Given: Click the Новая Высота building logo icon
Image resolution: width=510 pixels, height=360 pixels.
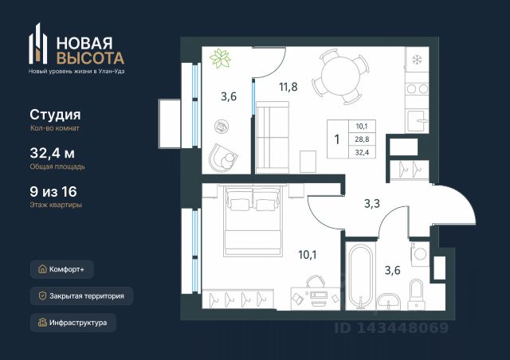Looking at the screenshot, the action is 38,44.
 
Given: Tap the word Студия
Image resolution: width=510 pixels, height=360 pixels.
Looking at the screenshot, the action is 55,115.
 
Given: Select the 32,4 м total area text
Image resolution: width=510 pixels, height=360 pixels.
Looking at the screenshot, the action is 53,153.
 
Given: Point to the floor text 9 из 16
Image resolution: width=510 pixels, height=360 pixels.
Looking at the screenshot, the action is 53,191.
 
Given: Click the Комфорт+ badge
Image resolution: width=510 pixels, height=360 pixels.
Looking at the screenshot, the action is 62,269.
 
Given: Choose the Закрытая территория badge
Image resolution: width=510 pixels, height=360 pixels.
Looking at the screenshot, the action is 81,296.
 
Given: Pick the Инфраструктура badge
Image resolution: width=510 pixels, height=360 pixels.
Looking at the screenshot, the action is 73,323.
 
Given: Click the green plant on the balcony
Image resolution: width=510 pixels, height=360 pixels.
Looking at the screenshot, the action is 220,58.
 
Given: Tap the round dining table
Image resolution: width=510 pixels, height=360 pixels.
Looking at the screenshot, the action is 340,76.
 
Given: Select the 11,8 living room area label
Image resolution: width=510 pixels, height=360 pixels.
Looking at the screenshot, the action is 288,87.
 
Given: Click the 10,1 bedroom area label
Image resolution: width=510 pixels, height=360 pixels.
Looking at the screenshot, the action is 308,255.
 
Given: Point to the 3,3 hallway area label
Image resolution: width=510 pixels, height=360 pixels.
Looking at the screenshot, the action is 372,204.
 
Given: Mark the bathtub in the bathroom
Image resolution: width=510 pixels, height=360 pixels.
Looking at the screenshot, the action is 360,276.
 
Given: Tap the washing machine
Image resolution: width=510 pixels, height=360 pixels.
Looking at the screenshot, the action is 420,254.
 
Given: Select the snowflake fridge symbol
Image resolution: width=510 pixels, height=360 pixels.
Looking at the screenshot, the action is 417,60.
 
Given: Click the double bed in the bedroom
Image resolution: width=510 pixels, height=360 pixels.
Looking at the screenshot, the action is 253,221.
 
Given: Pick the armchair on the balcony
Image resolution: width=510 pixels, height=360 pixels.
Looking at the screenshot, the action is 223,158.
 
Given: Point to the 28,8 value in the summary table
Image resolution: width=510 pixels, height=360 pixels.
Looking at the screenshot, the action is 362,139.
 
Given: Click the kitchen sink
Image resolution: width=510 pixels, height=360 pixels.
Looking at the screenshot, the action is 417,120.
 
